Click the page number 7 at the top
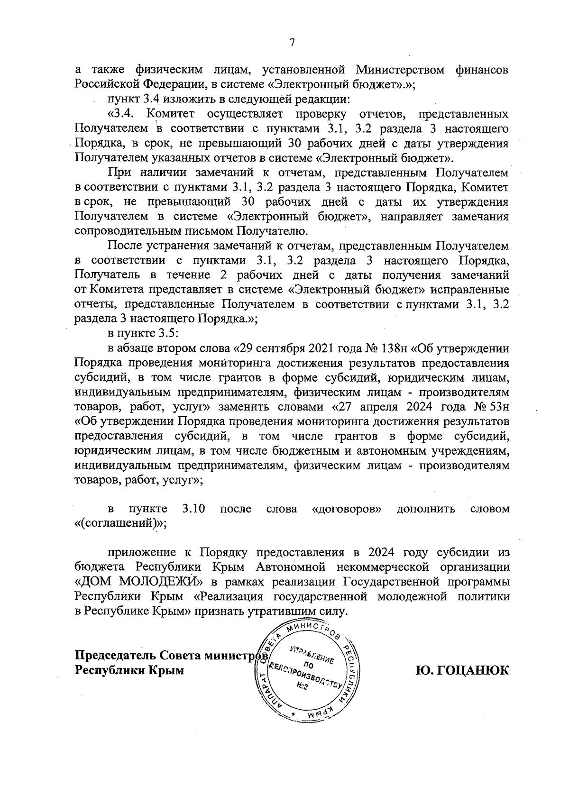click(x=292, y=43)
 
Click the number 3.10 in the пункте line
click(x=193, y=509)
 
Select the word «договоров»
click(x=348, y=509)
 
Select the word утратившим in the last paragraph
click(x=276, y=611)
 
